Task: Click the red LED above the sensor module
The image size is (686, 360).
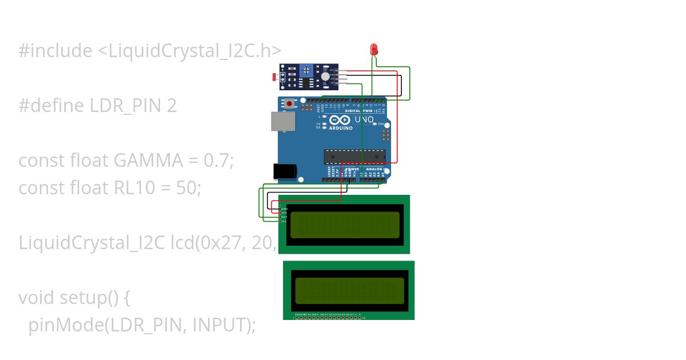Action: [x=374, y=49]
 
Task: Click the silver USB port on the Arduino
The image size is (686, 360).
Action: [x=283, y=121]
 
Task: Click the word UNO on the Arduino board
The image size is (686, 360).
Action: [x=364, y=120]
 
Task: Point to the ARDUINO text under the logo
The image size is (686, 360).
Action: [x=340, y=128]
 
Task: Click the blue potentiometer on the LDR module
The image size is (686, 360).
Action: [x=308, y=70]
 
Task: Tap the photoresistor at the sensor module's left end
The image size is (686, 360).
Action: [x=275, y=77]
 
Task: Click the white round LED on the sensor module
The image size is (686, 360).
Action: [x=325, y=76]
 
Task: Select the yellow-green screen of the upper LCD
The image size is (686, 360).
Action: [x=345, y=225]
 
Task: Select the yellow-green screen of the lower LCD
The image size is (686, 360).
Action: [x=349, y=290]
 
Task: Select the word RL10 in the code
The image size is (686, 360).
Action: [x=134, y=188]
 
